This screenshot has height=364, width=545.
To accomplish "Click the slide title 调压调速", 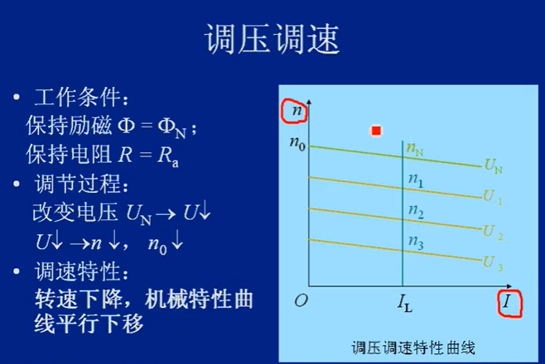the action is point(272,39).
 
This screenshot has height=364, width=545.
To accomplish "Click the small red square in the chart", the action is point(376,131).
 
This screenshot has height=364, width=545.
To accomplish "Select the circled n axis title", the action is point(294,111).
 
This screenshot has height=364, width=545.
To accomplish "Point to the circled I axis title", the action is point(509,304).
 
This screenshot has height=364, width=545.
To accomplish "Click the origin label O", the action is point(301,300).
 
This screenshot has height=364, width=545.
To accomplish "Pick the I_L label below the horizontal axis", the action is point(405,303).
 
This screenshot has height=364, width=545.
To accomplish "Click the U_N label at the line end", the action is point(493,165).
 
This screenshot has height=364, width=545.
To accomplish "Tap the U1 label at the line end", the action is point(493,197).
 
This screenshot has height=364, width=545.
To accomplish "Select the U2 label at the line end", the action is point(493,232).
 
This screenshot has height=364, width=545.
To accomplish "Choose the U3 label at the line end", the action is point(493,263).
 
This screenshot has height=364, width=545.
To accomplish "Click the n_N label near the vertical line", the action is point(415,149).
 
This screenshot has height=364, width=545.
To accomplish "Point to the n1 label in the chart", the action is point(416,180).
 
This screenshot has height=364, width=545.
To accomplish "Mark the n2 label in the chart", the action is point(416,211).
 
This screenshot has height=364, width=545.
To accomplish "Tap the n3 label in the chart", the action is point(416,242).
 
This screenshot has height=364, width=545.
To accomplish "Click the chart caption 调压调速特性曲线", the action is point(413,347).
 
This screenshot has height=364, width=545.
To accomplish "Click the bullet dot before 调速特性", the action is point(17,271).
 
